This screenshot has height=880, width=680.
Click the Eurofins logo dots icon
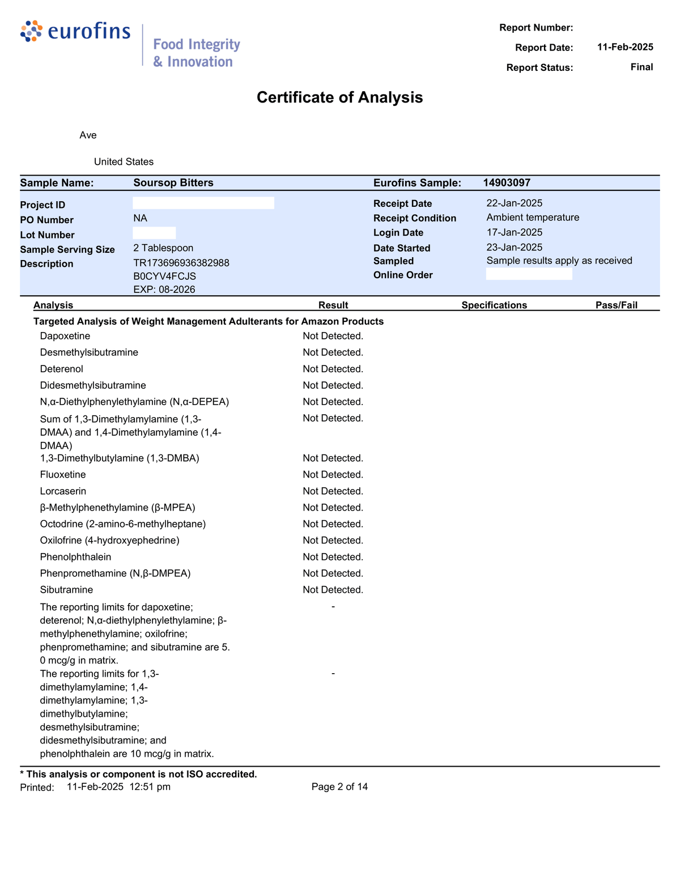pos(31,31)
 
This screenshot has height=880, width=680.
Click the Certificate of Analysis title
pos(339,97)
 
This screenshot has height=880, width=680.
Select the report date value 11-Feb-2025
pos(625,47)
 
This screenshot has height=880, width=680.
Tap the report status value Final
pos(641,67)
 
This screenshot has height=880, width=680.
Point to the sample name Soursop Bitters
pos(173,182)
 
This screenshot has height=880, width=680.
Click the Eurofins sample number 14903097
pos(507,182)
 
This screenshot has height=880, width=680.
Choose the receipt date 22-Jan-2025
pos(515,203)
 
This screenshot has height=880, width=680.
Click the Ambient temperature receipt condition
pos(533,218)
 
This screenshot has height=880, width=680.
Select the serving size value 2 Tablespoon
pos(163,248)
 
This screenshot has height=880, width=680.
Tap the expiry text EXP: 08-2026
pos(164,290)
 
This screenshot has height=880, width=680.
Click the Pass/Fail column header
pos(616,305)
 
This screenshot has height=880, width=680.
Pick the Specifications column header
pos(494,305)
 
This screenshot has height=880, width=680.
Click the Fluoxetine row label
pos(63,475)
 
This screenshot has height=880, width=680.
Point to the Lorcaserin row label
pos(63,491)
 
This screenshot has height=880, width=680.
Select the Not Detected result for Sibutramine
pos(333,590)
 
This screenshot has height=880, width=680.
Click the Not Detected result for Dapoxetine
pos(333,336)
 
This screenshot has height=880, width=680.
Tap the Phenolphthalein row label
pos(75,557)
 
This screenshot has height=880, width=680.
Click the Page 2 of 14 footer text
pos(339,787)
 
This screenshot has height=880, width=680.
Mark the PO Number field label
pos(46,220)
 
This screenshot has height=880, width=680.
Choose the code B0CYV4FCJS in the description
pos(164,276)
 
